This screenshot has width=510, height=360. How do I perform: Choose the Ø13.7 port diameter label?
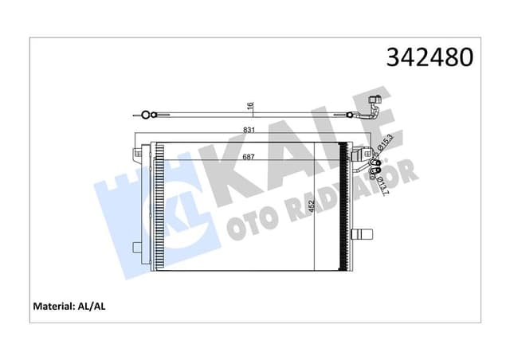point(382,182)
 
